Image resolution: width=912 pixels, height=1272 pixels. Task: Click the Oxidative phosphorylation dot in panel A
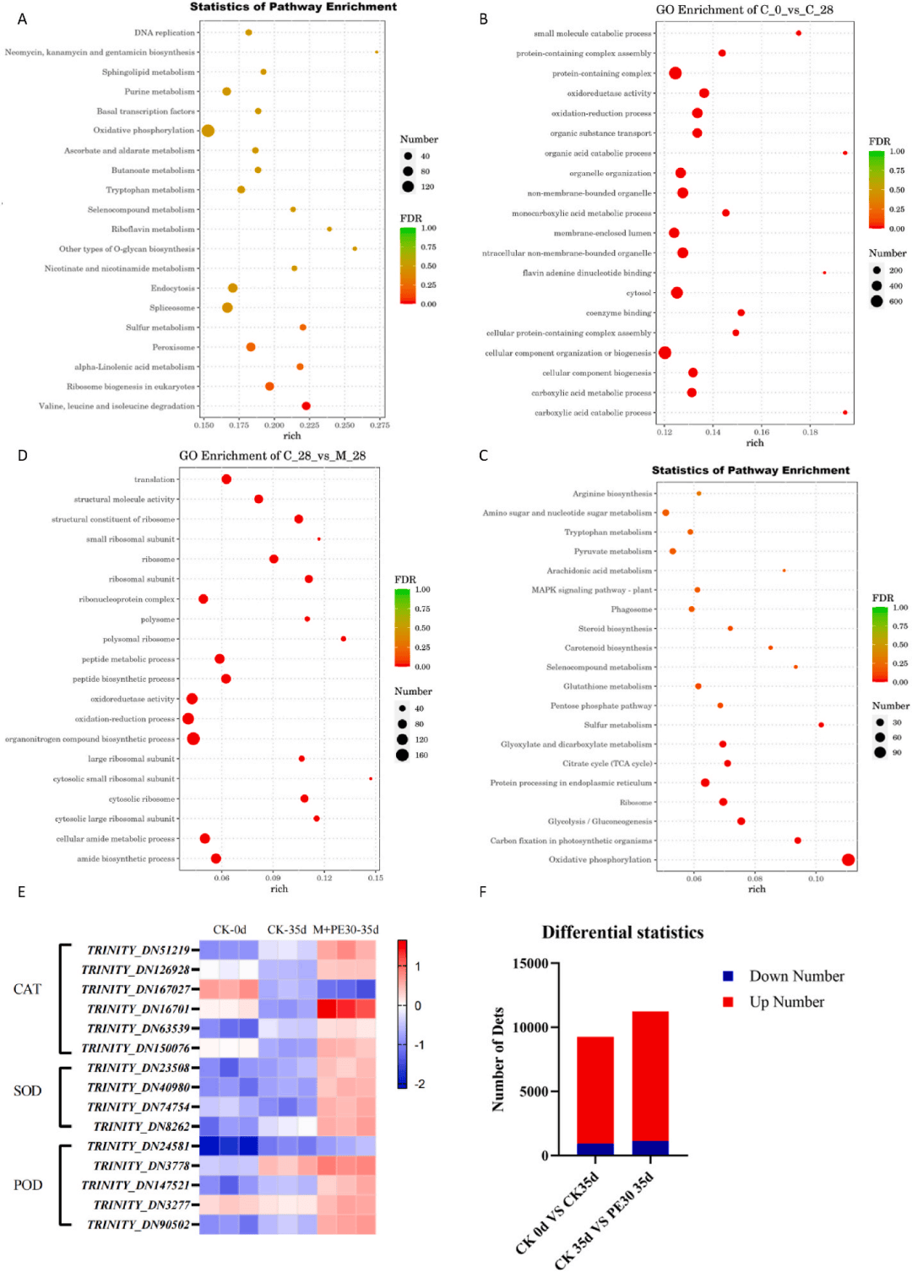point(208,131)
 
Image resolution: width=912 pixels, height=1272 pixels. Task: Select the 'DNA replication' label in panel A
point(164,33)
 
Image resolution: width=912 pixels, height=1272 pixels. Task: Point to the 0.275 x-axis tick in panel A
point(380,425)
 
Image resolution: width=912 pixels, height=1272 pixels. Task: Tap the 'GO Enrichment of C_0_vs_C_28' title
point(744,10)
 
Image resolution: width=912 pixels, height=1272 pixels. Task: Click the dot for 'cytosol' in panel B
point(676,293)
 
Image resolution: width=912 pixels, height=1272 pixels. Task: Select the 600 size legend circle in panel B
point(877,301)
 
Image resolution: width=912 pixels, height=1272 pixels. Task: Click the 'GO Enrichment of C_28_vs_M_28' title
point(272,456)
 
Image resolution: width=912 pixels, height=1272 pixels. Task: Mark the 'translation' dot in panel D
point(226,479)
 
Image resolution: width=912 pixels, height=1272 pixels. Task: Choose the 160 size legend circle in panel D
point(402,755)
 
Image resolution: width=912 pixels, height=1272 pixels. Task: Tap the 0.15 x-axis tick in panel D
point(376,878)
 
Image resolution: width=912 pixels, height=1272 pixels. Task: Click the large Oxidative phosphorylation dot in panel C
point(848,860)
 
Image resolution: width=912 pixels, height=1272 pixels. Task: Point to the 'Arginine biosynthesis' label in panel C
point(612,494)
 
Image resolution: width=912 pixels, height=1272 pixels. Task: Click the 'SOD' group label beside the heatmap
point(27,1091)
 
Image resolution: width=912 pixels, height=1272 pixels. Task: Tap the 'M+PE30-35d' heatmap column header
point(345,929)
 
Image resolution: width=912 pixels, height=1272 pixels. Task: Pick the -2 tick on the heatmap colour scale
point(420,1084)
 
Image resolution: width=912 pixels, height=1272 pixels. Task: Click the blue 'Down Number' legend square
point(728,977)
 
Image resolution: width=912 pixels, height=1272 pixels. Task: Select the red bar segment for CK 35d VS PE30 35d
point(650,1076)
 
